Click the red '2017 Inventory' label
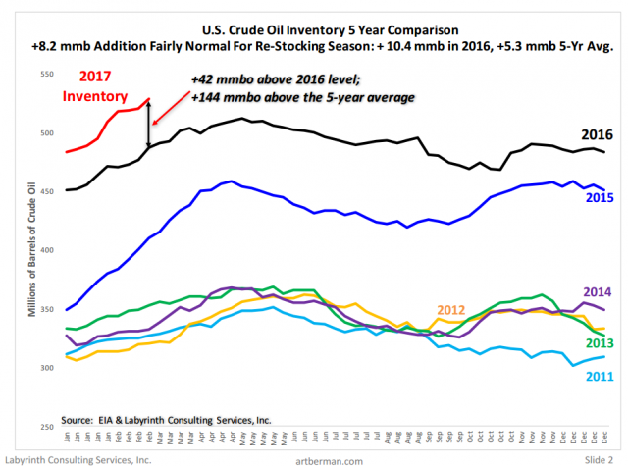pyautogui.click(x=96, y=87)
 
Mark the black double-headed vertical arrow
pyautogui.click(x=149, y=124)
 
